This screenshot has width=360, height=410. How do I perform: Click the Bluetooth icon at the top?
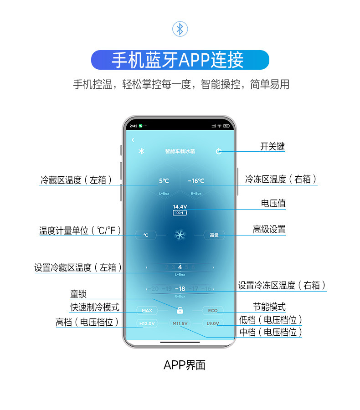tap(180, 29)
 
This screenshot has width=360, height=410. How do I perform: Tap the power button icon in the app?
tap(219, 151)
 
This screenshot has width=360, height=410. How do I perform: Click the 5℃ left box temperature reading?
tap(164, 181)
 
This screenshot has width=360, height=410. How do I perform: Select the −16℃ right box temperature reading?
tap(196, 181)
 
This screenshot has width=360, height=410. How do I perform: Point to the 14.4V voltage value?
tap(180, 207)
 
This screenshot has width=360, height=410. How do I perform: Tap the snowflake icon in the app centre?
tap(180, 235)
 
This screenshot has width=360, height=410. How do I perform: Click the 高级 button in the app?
tap(214, 235)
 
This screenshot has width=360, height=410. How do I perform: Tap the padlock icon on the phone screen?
tap(180, 311)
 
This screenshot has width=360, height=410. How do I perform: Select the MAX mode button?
tap(147, 311)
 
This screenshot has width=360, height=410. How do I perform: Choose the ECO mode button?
tap(213, 311)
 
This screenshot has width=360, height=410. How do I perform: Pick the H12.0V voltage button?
tap(147, 323)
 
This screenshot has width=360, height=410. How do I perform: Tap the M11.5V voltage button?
tap(180, 323)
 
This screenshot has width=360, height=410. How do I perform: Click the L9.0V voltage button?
tap(213, 323)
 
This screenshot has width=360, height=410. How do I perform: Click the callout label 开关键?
tap(273, 146)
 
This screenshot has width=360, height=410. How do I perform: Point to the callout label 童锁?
tap(78, 294)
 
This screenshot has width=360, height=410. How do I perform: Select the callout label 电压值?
tap(273, 203)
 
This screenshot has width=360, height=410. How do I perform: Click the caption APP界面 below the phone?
tap(185, 365)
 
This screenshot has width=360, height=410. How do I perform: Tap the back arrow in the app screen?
tap(133, 140)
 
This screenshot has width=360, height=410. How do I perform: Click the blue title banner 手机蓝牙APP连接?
tap(180, 60)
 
